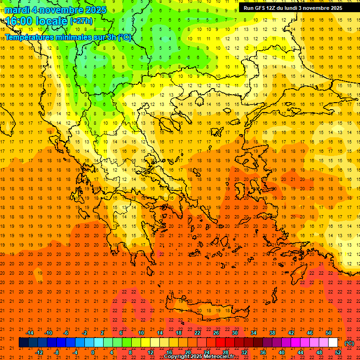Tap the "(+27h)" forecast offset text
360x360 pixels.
coord(81,21)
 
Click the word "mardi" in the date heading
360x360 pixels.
coord(17,10)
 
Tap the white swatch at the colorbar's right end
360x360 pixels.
coord(333,343)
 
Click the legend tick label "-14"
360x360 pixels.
coord(30,333)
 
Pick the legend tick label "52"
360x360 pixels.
coord(338,352)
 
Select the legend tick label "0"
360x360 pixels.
coord(93,352)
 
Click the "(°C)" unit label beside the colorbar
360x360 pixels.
coord(349,343)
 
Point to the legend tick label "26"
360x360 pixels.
coord(216,333)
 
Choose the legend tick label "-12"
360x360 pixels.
coord(39,352)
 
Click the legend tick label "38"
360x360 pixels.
coord(272,333)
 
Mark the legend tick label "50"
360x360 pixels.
coord(329,333)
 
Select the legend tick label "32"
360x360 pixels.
coord(244,352)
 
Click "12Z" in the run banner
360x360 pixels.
coord(271,8)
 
